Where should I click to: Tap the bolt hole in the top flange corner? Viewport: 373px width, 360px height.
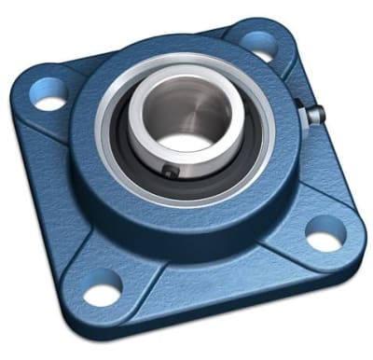[x=258, y=43]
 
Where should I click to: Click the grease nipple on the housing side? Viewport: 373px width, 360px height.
[x=315, y=115]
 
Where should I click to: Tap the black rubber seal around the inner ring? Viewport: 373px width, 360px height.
[x=140, y=159]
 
